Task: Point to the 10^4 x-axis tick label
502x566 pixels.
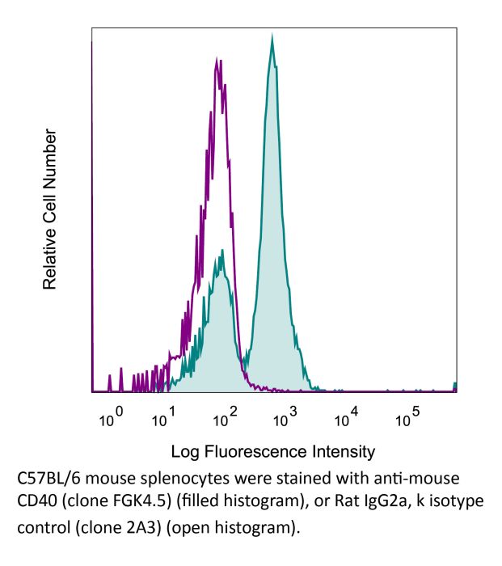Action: click(x=347, y=418)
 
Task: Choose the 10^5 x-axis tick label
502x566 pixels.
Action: click(x=408, y=418)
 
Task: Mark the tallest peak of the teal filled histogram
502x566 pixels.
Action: click(x=272, y=37)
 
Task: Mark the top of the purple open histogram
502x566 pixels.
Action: click(x=217, y=58)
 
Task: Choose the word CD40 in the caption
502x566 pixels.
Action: click(x=36, y=502)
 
